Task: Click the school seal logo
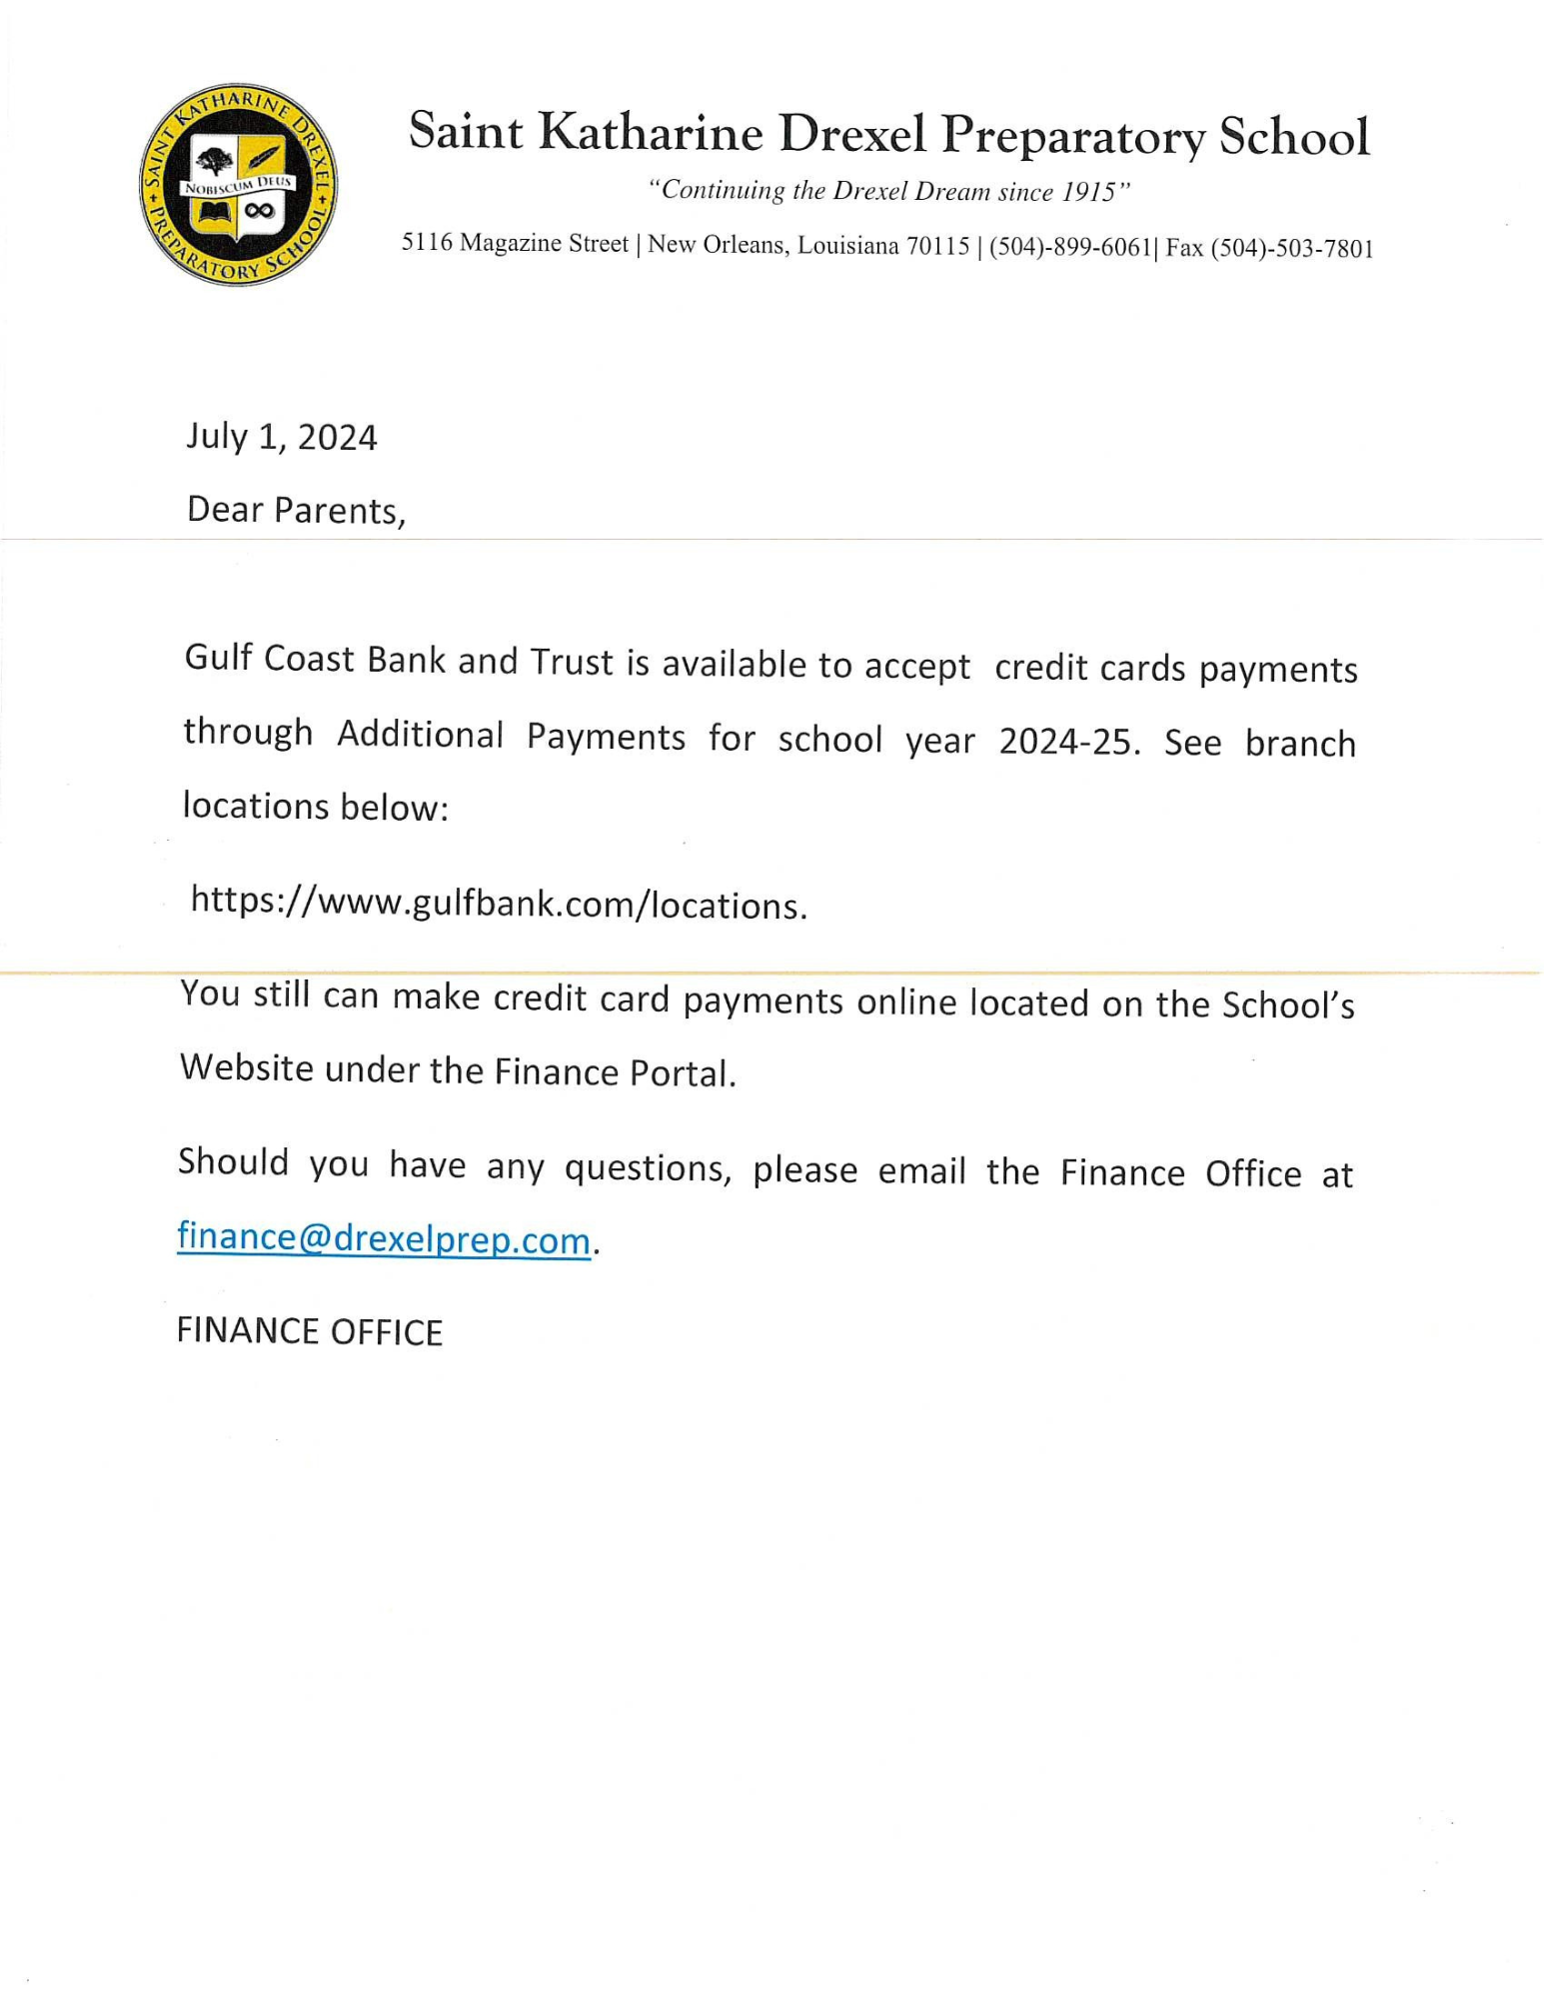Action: point(238,185)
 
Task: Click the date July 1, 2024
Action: point(281,438)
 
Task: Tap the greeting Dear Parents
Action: point(296,511)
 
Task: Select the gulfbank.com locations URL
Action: point(498,903)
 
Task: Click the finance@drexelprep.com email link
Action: point(384,1238)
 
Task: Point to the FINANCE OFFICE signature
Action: point(309,1332)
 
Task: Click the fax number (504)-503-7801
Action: point(1291,249)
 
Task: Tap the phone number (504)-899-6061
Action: point(1070,247)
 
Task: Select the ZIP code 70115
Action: point(937,246)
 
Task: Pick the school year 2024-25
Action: point(1067,742)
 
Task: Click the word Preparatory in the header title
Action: point(1072,135)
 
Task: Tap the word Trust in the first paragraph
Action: point(572,662)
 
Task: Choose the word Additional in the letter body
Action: point(420,735)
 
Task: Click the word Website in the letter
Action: point(247,1067)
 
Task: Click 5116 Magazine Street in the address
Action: point(515,243)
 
